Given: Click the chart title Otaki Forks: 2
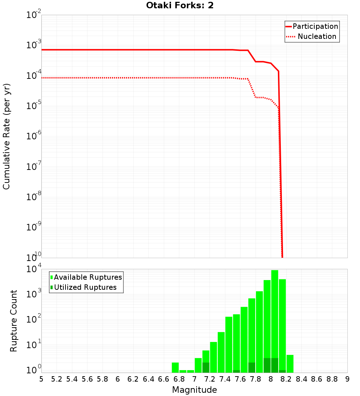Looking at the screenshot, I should pyautogui.click(x=180, y=6).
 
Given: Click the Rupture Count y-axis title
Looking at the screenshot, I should pyautogui.click(x=14, y=320).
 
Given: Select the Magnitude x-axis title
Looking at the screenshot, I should pyautogui.click(x=194, y=390).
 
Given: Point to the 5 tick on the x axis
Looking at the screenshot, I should pyautogui.click(x=41, y=379).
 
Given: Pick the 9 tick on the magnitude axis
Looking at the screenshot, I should pyautogui.click(x=347, y=379).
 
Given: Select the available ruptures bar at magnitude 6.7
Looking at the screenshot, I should pyautogui.click(x=175, y=367).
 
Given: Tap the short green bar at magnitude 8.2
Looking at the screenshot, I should pyautogui.click(x=290, y=364).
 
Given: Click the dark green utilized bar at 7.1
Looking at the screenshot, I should pyautogui.click(x=206, y=368).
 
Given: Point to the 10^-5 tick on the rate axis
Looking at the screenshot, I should pyautogui.click(x=34, y=106).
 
